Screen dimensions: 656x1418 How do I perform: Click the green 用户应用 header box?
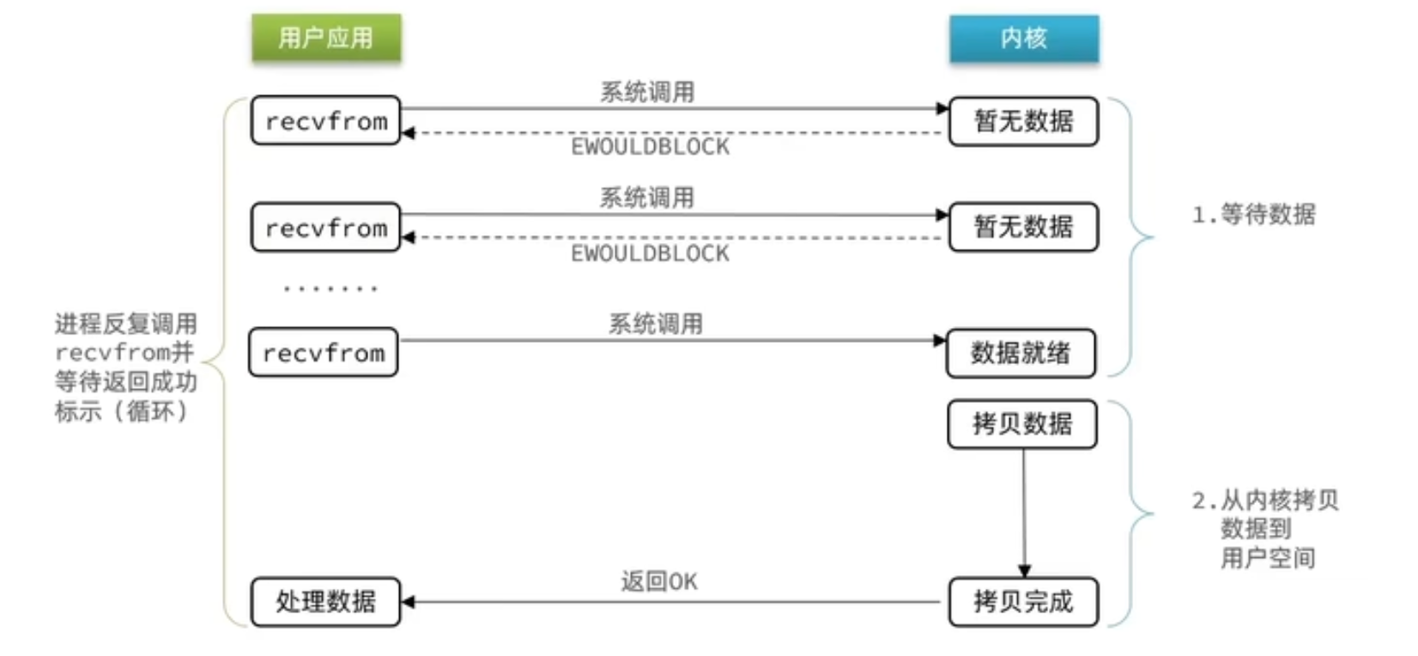click(x=326, y=38)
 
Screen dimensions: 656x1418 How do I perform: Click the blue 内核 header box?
click(x=1023, y=38)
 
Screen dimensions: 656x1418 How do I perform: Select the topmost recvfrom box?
click(x=326, y=121)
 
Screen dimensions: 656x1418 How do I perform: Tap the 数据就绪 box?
click(x=1021, y=353)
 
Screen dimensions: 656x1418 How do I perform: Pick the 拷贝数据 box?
click(x=1022, y=424)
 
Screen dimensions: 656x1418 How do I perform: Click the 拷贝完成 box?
click(x=1023, y=602)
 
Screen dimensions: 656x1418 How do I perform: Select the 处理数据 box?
click(x=326, y=602)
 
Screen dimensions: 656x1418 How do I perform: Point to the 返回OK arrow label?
click(x=659, y=582)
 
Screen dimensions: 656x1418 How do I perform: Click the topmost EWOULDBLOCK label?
click(x=651, y=147)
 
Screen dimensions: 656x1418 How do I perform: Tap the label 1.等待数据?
click(x=1253, y=215)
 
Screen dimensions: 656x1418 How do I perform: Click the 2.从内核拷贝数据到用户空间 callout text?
click(x=1265, y=529)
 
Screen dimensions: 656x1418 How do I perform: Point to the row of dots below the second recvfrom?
click(x=330, y=289)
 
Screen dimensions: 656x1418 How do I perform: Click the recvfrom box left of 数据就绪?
click(x=324, y=353)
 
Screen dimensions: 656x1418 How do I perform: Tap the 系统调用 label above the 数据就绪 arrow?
click(x=656, y=324)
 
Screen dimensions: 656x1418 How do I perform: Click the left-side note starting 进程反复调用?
click(x=125, y=367)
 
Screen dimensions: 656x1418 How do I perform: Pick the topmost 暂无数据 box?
click(x=1023, y=121)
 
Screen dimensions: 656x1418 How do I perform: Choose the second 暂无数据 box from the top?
click(x=1023, y=228)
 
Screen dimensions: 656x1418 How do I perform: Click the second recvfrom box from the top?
click(x=326, y=228)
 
